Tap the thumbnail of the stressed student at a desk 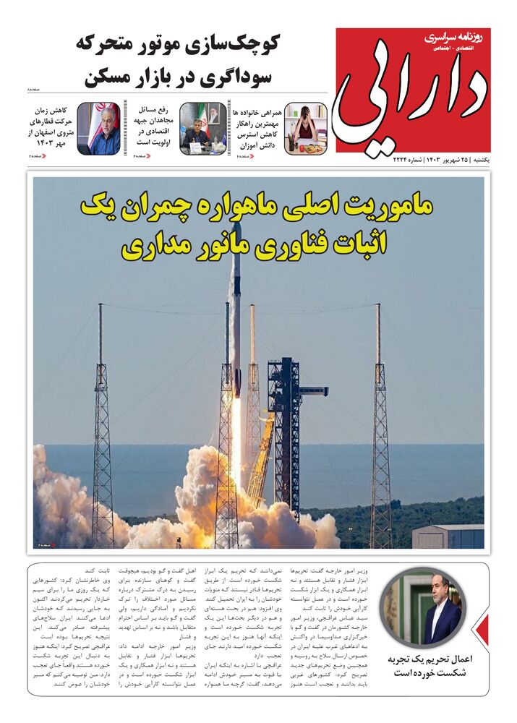[x=305, y=129]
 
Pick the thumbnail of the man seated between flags [x=203, y=129]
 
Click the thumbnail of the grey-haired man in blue [x=99, y=129]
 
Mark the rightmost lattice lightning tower [x=380, y=434]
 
